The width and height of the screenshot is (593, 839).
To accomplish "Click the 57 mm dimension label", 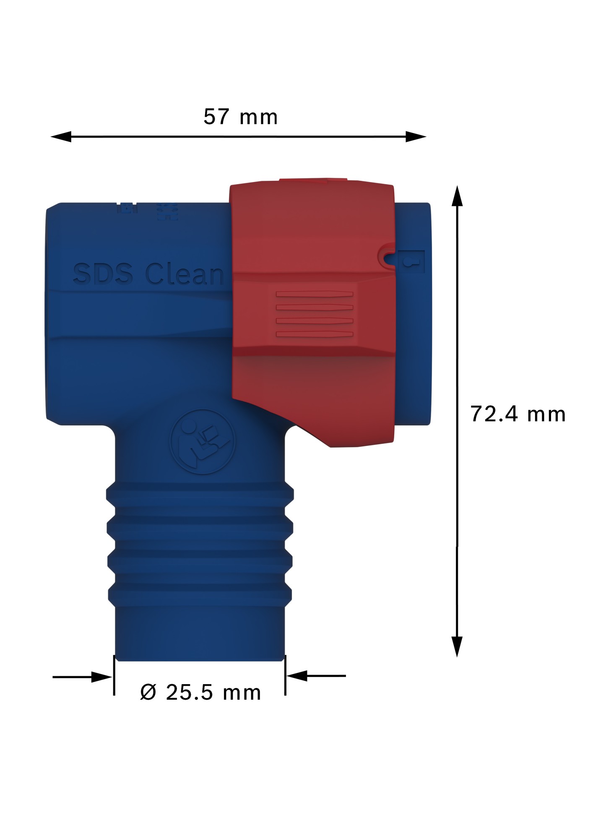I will (x=240, y=117).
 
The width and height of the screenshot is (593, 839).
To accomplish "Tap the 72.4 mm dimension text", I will (x=518, y=414).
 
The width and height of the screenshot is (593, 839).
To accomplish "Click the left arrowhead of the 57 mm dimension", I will (x=61, y=136).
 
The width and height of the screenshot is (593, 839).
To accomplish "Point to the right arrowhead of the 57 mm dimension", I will (x=416, y=136).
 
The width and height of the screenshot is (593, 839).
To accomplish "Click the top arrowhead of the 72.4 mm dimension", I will (x=457, y=196).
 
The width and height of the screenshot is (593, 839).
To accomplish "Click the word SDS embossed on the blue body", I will (x=103, y=274).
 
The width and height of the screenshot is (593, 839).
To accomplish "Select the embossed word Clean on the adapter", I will (x=185, y=274).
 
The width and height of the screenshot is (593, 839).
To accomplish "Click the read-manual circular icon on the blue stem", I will (x=203, y=442).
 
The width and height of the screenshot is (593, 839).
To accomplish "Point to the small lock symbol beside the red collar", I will (x=411, y=262).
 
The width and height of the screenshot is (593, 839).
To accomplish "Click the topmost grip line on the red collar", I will (x=314, y=294).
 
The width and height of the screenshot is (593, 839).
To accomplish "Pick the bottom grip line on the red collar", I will (x=314, y=334).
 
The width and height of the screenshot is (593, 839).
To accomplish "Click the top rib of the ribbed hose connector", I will (x=200, y=494).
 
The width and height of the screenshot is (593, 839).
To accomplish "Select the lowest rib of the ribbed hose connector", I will (x=200, y=595).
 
